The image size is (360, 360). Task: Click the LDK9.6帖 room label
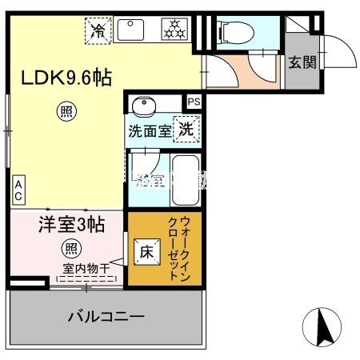coord(66,78)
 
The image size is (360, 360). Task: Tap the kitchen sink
coord(134,30)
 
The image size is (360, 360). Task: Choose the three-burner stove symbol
coord(174,31)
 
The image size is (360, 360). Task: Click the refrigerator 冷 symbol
coord(98,31)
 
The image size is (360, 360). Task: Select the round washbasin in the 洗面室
coord(144,106)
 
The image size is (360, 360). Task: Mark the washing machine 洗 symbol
coord(185,130)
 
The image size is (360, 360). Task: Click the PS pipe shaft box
coord(194,102)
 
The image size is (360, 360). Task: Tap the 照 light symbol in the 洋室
coord(71,248)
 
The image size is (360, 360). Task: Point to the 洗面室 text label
coord(151,131)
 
